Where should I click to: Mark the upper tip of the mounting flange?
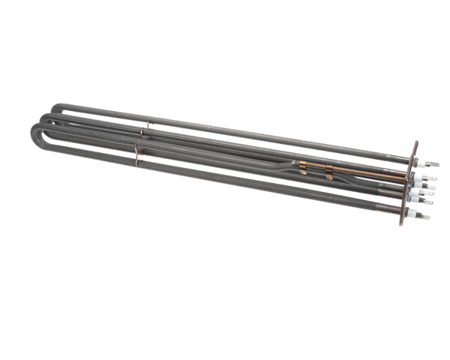pos(415,143)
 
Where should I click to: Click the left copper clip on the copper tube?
pos(302,166)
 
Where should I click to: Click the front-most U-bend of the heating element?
pos(35,139)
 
